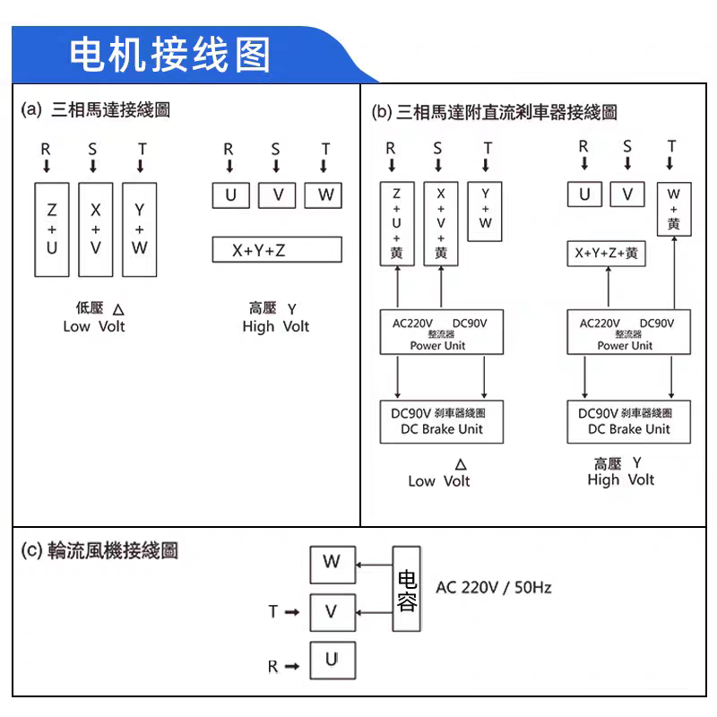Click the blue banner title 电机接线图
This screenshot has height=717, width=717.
[x=169, y=55]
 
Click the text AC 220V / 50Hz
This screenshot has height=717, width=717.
[x=494, y=588]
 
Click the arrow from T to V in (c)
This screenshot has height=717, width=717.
[x=292, y=612]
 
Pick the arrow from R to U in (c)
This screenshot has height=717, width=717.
[x=292, y=667]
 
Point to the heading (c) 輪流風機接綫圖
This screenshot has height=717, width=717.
[x=99, y=550]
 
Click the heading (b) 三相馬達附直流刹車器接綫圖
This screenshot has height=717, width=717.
[x=495, y=112]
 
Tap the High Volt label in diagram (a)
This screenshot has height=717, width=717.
[x=276, y=326]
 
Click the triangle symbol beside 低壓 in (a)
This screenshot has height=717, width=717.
[x=118, y=309]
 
